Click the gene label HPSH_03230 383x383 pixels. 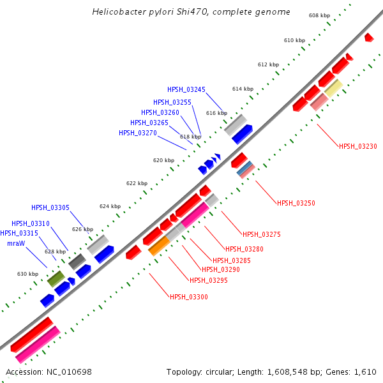coord(357,146)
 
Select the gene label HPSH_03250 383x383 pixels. coord(296,203)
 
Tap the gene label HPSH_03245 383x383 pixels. coord(186,89)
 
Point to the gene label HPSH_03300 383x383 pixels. coord(188,297)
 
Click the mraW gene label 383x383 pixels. coord(17,243)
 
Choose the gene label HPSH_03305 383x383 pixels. coord(50,207)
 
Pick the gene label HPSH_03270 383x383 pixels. coord(138,133)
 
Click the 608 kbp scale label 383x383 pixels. coord(319,15)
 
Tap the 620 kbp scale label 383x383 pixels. coord(163,160)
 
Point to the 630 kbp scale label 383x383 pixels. coord(27,274)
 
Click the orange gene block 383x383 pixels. coord(159,246)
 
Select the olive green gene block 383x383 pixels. coord(56,278)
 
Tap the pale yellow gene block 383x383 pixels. coord(333,88)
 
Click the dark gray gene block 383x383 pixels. coord(77,260)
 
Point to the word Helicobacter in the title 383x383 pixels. coord(118,12)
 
